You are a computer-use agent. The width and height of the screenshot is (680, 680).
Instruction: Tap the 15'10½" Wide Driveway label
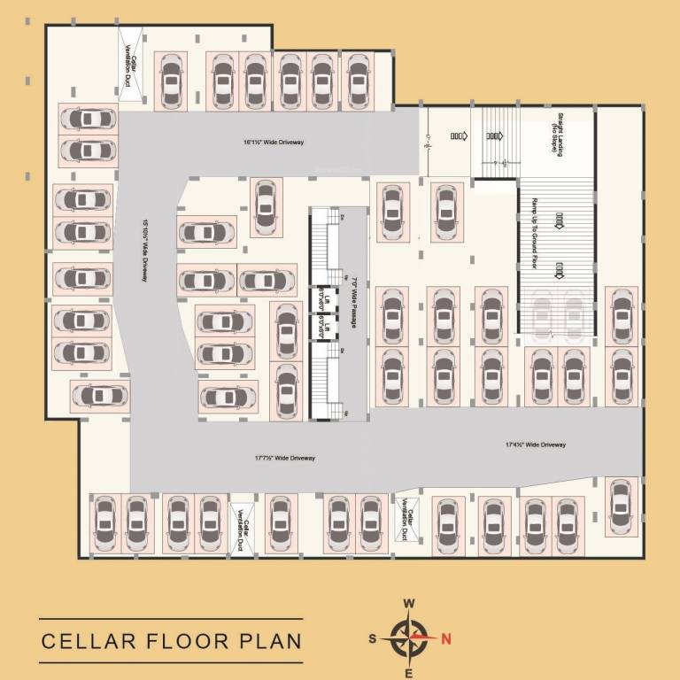143,251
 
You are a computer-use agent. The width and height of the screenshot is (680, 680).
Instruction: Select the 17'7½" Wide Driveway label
285,458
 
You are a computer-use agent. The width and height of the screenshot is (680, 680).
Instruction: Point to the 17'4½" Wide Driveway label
536,444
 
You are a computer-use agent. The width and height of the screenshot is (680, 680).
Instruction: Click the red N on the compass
446,638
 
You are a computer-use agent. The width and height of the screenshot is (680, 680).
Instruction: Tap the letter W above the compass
409,604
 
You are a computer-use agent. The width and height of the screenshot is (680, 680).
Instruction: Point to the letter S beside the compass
373,638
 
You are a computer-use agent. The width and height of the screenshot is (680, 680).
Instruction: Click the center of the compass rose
409,637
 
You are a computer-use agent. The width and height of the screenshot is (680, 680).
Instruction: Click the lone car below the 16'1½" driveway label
265,207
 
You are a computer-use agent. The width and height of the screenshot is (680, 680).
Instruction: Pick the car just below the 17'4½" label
622,506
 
